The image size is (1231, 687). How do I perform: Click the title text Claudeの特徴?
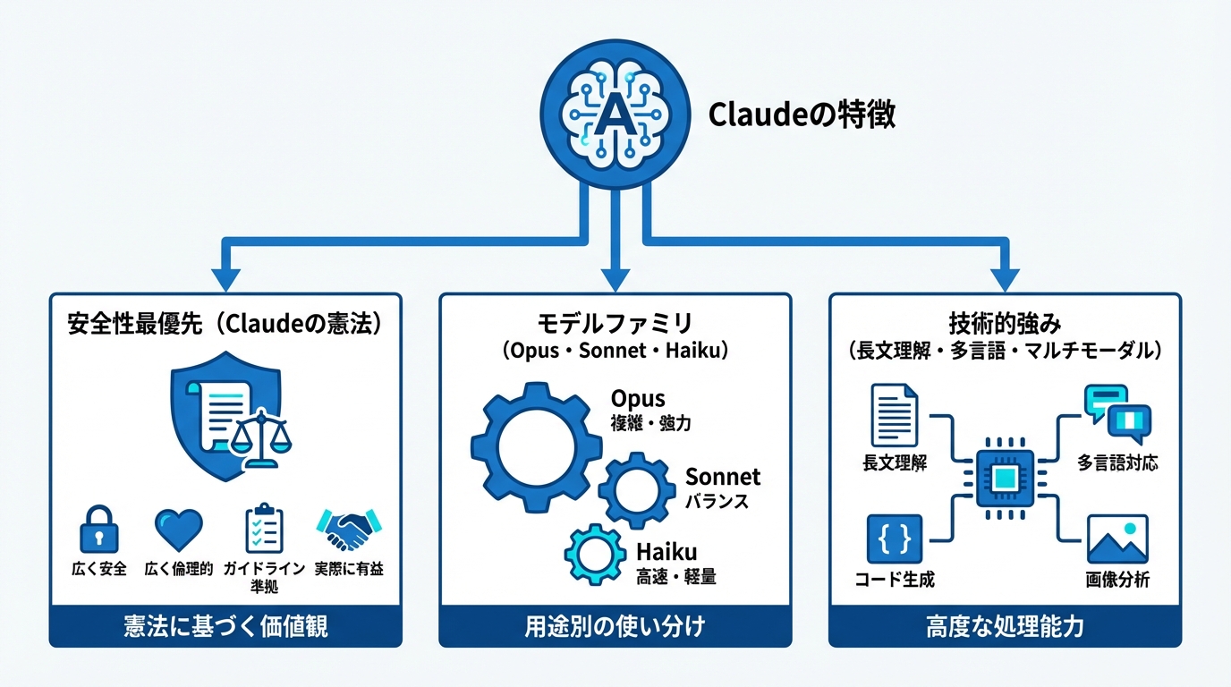click(801, 115)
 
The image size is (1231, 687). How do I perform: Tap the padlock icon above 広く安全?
click(98, 530)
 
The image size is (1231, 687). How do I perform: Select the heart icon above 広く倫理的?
click(178, 530)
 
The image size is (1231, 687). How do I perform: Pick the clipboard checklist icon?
click(265, 530)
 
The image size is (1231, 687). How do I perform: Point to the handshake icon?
click(349, 530)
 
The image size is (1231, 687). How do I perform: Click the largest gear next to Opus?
click(536, 446)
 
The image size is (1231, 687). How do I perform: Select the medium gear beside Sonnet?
click(637, 490)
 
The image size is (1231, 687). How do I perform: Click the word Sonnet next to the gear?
click(722, 477)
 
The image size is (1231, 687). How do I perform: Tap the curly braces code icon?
click(894, 539)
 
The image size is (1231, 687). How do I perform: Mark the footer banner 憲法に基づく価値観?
click(225, 626)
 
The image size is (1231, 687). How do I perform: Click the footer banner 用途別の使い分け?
click(615, 626)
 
